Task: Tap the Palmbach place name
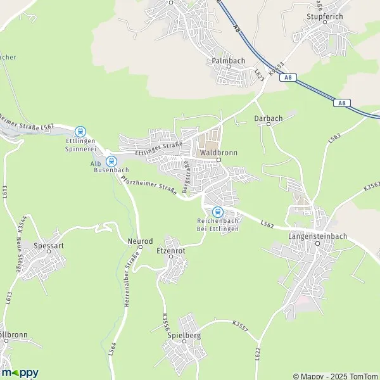[228, 61]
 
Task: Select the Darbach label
[267, 118]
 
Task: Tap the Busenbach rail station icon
[111, 161]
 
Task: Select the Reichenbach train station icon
[217, 212]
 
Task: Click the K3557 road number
[241, 325]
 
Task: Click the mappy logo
[20, 372]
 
